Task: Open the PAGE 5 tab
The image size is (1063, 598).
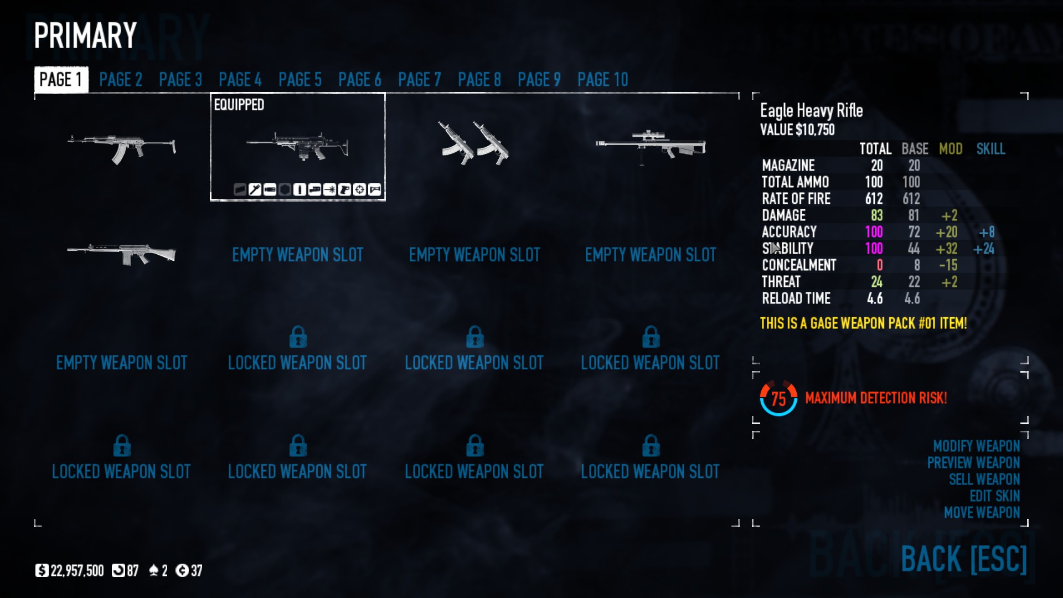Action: [300, 80]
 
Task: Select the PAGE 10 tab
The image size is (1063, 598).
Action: [602, 80]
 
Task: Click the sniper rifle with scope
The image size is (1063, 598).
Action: [650, 146]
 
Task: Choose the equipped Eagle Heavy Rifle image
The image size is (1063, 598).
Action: [297, 146]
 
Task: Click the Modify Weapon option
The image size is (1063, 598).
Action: [976, 446]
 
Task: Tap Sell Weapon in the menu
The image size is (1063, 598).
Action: [984, 480]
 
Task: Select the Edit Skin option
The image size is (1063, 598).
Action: [994, 496]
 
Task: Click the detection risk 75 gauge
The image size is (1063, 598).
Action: [778, 398]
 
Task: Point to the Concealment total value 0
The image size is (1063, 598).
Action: [879, 265]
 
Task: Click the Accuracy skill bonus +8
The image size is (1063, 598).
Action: [987, 232]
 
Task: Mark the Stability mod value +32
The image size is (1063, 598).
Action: [946, 249]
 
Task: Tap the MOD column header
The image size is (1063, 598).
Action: [951, 149]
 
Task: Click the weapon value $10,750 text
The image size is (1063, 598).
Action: [797, 130]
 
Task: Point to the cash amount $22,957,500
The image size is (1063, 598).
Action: [76, 571]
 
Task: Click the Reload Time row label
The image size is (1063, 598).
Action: [796, 298]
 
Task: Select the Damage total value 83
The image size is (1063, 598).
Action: [876, 215]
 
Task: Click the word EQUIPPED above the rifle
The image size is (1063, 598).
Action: [239, 105]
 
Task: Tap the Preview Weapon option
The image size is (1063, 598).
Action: [973, 463]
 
